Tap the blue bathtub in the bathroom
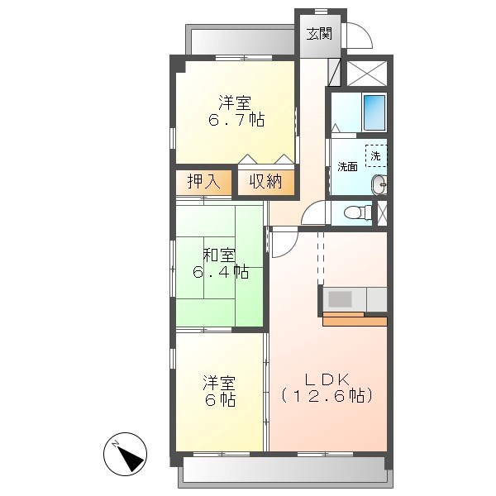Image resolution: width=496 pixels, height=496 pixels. point(374,112)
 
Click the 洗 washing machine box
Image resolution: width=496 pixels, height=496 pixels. point(375,155)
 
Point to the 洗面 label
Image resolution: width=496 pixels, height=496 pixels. point(347,166)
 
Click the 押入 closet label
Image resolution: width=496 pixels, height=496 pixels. point(203,182)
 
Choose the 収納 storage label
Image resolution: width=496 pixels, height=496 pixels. point(266,182)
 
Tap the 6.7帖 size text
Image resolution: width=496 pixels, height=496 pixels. point(236,120)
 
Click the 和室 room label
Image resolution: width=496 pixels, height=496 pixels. point(219,254)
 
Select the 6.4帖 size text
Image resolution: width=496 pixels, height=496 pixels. point(220,271)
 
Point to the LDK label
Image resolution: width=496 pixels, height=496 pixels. point(327,379)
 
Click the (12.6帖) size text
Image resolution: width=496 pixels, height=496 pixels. point(327,396)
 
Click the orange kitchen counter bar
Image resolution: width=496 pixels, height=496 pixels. point(355,321)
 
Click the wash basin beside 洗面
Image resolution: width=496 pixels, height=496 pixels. point(379,185)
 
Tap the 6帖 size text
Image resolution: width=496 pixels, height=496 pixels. point(221,399)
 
